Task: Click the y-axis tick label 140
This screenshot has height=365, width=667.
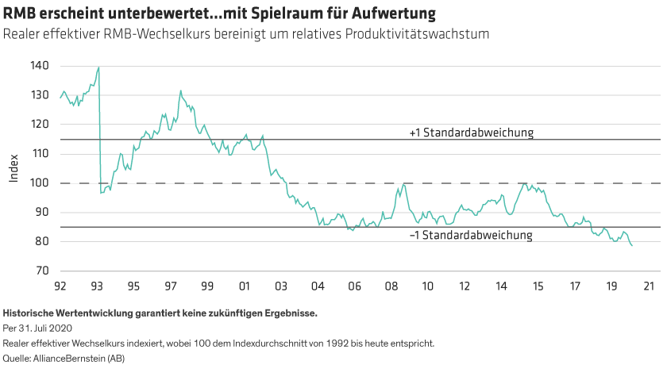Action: (x=40, y=66)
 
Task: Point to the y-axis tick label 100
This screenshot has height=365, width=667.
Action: (x=40, y=183)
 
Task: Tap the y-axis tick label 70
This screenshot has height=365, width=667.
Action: (x=42, y=271)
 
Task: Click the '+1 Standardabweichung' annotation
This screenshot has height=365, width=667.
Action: (x=470, y=133)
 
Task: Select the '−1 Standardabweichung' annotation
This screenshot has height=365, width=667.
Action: (x=470, y=236)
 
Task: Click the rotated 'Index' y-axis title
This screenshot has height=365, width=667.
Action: (x=13, y=168)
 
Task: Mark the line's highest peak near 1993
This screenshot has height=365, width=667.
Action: (x=98, y=68)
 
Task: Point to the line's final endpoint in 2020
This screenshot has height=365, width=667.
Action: (x=632, y=246)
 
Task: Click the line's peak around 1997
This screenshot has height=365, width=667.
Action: (x=180, y=92)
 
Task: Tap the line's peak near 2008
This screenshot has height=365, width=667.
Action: (x=403, y=185)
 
